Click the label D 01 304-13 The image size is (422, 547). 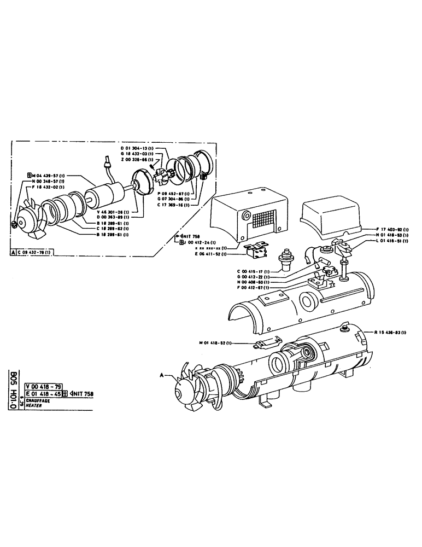point(137,148)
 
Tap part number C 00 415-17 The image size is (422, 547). point(253,271)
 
